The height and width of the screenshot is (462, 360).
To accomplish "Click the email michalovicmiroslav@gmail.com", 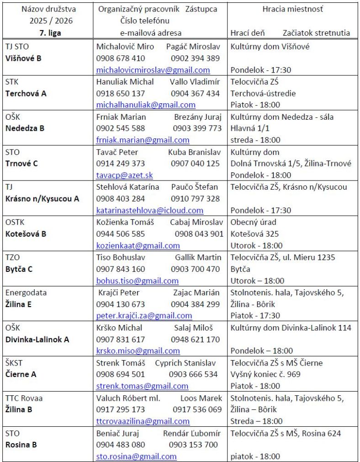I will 153,70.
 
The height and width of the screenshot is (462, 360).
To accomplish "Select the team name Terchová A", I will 26,93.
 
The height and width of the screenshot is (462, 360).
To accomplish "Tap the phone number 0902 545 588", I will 121,128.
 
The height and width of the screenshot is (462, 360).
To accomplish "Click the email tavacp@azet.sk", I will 124,175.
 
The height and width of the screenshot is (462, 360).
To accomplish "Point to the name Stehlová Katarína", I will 128,187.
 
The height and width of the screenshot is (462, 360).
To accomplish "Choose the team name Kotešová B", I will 26,234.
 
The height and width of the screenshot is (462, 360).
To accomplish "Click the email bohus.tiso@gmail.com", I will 137,281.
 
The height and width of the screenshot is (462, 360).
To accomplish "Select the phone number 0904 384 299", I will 195,304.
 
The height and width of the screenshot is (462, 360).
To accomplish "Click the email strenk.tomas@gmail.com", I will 142,386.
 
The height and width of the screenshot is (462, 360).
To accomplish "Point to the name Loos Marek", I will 201,398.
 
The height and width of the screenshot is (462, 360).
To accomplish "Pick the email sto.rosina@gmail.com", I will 136,456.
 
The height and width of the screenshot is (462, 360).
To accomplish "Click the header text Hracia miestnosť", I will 293,9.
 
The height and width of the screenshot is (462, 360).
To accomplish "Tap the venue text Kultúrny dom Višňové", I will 270,47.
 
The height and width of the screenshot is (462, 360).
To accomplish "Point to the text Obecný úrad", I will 254,222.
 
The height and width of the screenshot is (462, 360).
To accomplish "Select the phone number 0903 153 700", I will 193,444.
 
